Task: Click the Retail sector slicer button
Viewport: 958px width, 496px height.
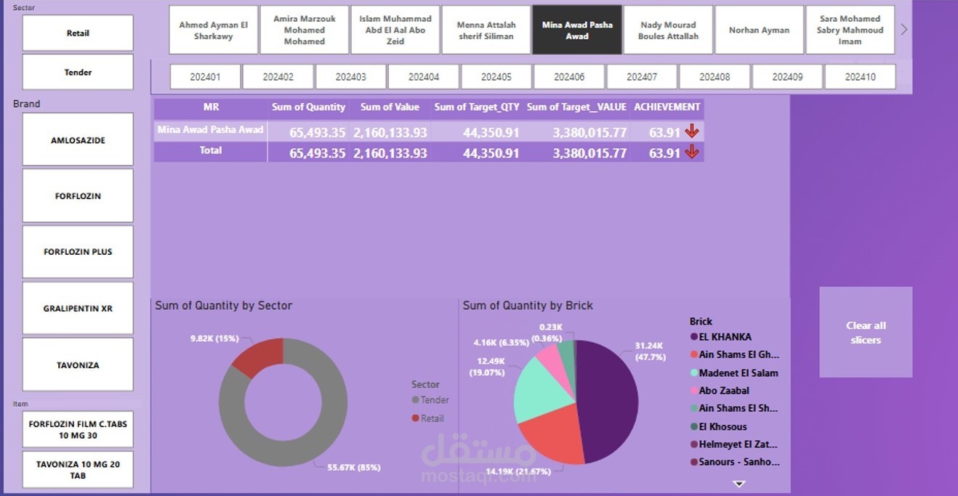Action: point(78,33)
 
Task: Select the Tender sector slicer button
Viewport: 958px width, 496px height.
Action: point(78,73)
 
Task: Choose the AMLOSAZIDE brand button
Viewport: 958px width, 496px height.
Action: point(78,140)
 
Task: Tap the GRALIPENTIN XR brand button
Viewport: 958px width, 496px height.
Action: point(78,309)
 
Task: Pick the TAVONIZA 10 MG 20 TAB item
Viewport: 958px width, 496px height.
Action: point(78,469)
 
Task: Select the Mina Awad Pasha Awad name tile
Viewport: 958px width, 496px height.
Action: point(577,31)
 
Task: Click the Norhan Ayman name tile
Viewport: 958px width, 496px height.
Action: point(759,31)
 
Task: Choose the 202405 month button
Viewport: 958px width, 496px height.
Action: point(496,77)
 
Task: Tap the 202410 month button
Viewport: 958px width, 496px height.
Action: point(860,77)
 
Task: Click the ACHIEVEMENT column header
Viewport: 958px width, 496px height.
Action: point(667,107)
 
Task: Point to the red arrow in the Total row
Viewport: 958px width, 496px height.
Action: point(692,152)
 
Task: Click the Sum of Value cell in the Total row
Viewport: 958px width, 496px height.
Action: point(390,153)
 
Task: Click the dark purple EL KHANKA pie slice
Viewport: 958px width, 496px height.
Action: point(608,399)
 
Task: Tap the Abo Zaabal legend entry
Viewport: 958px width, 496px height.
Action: point(723,391)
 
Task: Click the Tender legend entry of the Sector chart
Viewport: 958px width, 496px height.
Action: point(434,400)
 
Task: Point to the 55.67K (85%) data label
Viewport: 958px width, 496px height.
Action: point(354,467)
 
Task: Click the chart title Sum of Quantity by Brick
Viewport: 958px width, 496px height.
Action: point(528,306)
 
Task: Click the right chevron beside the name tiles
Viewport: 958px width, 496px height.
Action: point(904,30)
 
